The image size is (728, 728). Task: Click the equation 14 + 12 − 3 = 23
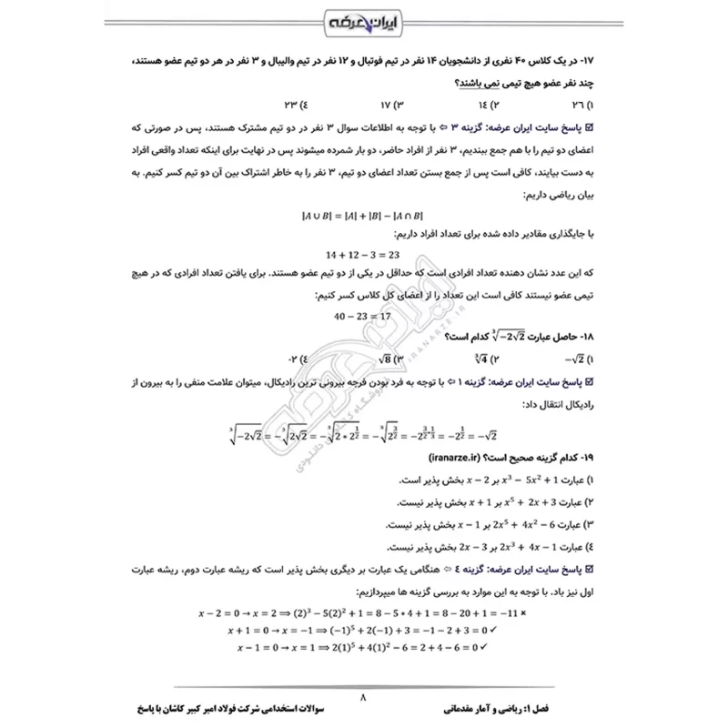click(x=362, y=256)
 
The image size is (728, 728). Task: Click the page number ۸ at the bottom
click(x=363, y=698)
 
